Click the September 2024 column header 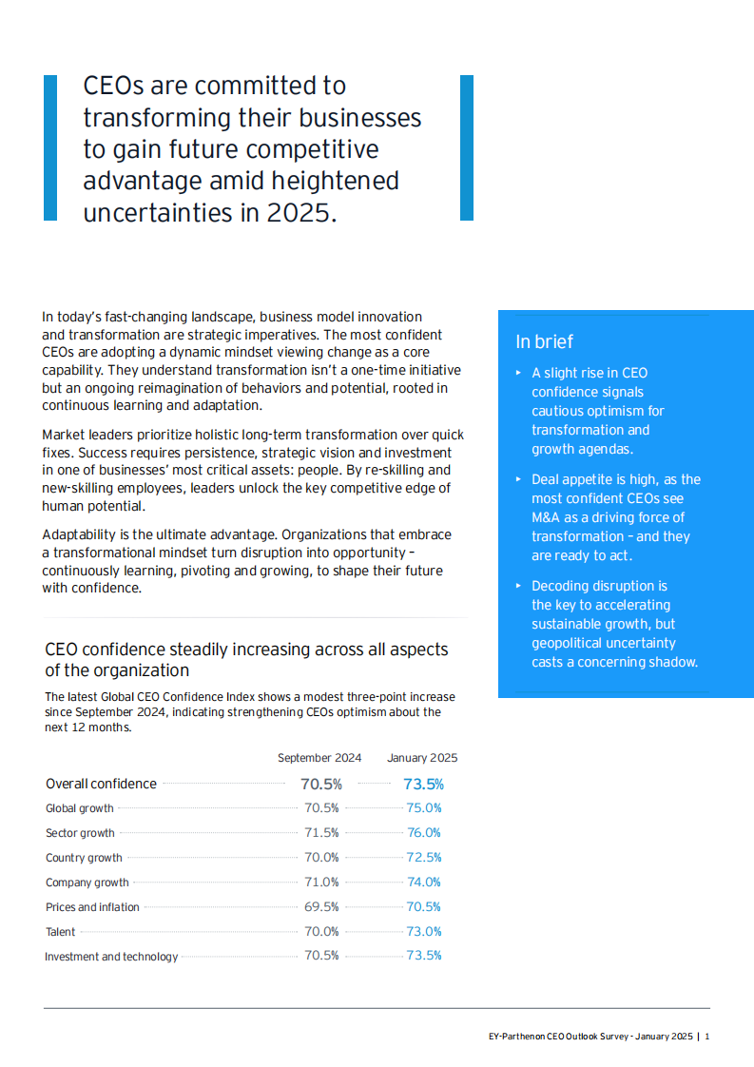(x=319, y=758)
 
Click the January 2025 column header (x=421, y=758)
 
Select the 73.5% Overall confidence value (x=423, y=785)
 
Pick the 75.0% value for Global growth (x=424, y=808)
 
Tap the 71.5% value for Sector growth (x=321, y=833)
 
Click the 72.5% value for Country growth (x=424, y=858)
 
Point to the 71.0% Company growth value (x=321, y=883)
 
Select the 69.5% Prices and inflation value (x=321, y=907)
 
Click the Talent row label (x=61, y=932)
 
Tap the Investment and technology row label (x=111, y=957)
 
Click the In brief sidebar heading (x=545, y=342)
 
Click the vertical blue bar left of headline (x=50, y=148)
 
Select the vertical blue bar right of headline (x=466, y=148)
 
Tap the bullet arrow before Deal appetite (x=518, y=479)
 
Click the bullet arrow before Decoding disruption (x=518, y=586)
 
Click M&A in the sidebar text (x=548, y=517)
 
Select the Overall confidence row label (x=101, y=785)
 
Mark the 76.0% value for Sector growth (x=424, y=833)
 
